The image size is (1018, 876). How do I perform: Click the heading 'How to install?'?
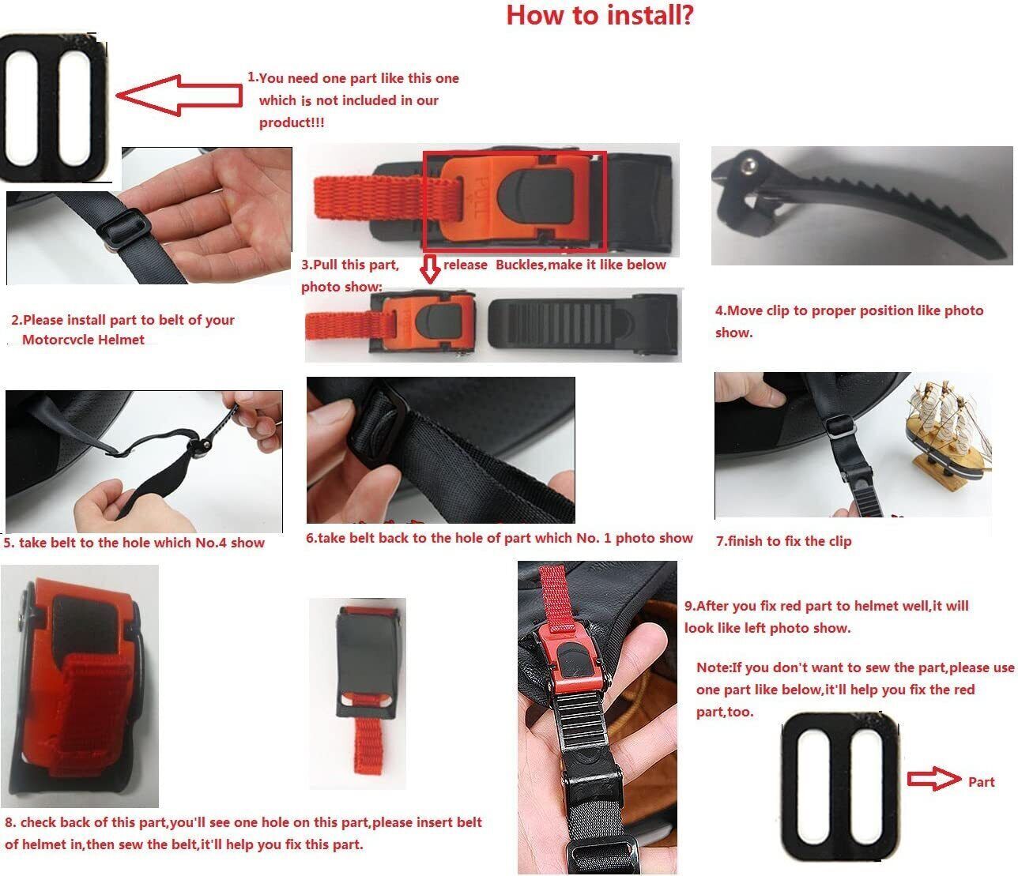[x=599, y=15]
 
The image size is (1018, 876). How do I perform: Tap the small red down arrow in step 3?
[x=430, y=269]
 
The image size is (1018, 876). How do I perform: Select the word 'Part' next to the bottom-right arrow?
[x=981, y=781]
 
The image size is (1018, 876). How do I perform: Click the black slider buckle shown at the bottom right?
[x=839, y=788]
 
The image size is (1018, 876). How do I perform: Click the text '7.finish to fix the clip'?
[x=783, y=541]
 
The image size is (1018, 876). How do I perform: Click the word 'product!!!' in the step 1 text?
[x=292, y=122]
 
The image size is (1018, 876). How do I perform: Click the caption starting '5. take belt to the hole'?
[x=134, y=543]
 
